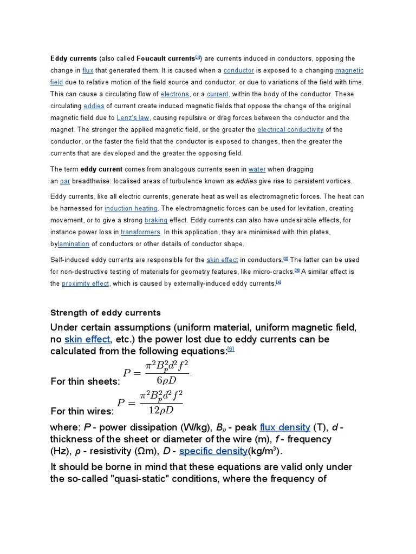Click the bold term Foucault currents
tap(165, 58)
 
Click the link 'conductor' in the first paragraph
tap(238, 70)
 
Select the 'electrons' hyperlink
tap(174, 94)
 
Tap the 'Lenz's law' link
tap(133, 118)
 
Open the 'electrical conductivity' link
tap(290, 130)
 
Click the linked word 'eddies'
tap(94, 106)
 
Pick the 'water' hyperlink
tap(257, 169)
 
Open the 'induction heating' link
tap(131, 208)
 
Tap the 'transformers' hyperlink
tap(140, 232)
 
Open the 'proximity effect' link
tap(86, 283)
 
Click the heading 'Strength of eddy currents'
tap(106, 313)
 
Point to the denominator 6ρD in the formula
tap(163, 379)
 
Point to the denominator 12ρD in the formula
tap(161, 410)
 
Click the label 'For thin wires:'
tap(82, 411)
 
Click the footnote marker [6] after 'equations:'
tap(231, 349)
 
